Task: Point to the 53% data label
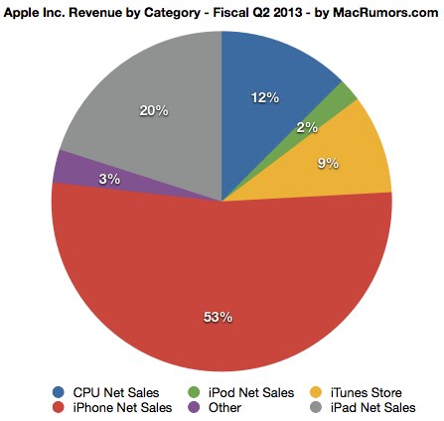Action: click(219, 318)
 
